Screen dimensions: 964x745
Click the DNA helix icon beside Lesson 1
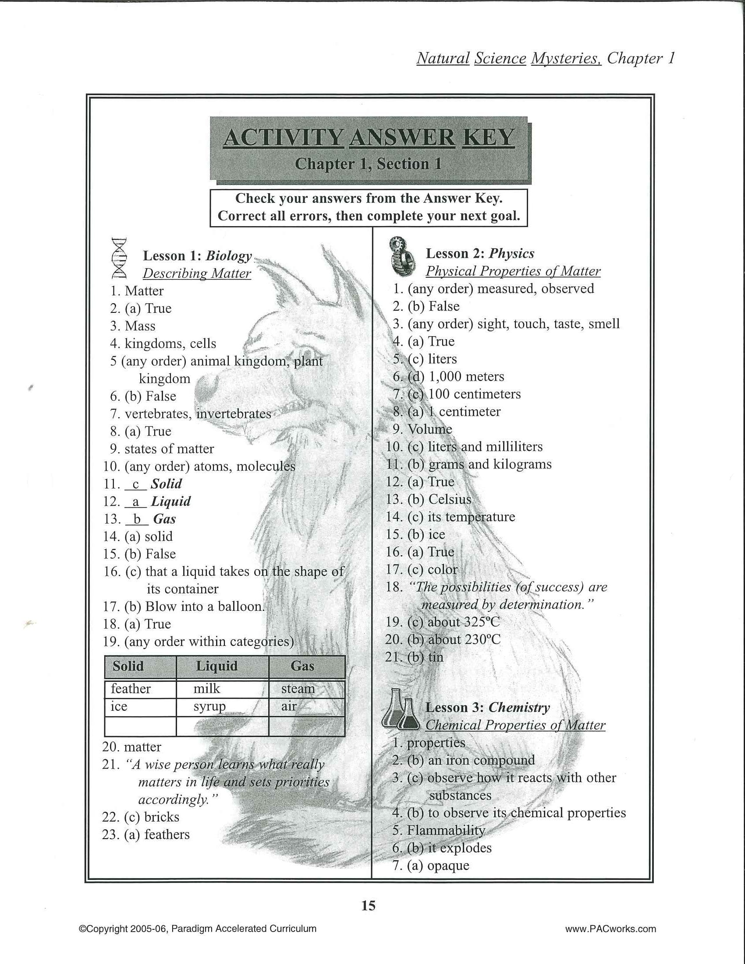pyautogui.click(x=119, y=258)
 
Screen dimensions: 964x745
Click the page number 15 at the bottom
pyautogui.click(x=369, y=905)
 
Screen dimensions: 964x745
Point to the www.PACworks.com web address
pyautogui.click(x=610, y=929)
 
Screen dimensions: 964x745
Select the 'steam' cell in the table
pyautogui.click(x=298, y=689)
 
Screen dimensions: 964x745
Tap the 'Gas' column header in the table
pyautogui.click(x=302, y=666)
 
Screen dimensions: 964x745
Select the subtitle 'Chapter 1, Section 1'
pyautogui.click(x=369, y=164)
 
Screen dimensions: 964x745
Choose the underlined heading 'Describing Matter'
pyautogui.click(x=197, y=274)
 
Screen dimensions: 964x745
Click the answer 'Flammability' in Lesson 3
pyautogui.click(x=446, y=830)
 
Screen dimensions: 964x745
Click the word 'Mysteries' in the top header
pyautogui.click(x=565, y=58)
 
